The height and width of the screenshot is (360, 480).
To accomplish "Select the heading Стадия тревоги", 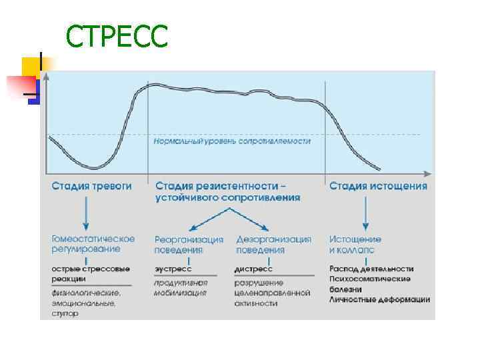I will pos(91,186).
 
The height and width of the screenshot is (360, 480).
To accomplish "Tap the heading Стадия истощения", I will pos(378,186).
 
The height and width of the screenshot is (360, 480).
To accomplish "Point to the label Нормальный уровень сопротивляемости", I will pos(233,141).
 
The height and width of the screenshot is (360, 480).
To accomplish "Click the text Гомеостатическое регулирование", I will pos(93,243).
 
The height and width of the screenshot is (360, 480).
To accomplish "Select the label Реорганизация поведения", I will pos(189,245).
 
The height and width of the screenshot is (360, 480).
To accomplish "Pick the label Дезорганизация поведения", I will pos(273,245).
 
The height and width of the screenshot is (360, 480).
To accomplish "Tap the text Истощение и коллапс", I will pos(355,245).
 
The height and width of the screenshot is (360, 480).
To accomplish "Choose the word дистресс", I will pos(253,269).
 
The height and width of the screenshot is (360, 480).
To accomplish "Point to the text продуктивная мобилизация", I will pos(180,287).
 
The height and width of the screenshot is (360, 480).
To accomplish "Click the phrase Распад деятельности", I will pos(371,269).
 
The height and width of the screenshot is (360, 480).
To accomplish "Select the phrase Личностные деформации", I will pos(379,299).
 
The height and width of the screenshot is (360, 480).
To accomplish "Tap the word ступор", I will pos(65,313).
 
